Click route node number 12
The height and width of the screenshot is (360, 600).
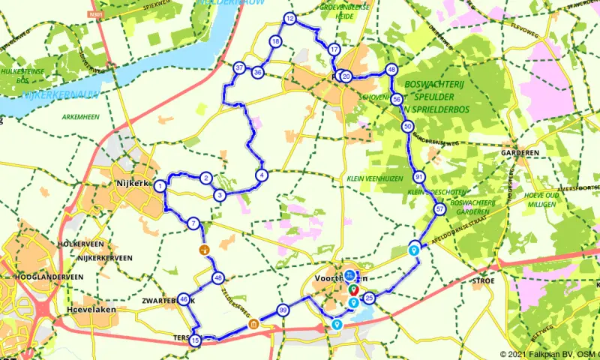click(x=290, y=19)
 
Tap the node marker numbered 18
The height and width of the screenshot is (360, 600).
click(x=276, y=41)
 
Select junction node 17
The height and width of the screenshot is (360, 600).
click(x=334, y=49)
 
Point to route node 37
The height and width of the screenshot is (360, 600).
click(x=239, y=68)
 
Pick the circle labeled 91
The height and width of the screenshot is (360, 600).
click(x=418, y=177)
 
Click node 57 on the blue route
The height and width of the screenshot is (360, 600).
click(x=439, y=209)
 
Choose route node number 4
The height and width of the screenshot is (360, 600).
click(x=261, y=175)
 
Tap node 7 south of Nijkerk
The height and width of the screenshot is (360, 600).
click(x=193, y=223)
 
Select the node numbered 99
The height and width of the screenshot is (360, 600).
click(x=283, y=310)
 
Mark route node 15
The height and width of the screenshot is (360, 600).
click(x=196, y=341)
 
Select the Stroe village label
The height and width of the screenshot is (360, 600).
click(x=483, y=280)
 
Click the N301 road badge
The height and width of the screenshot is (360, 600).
click(x=94, y=13)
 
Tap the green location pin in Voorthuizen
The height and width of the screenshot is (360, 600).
click(x=353, y=289)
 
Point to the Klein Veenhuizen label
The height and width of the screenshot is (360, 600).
click(x=375, y=179)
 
